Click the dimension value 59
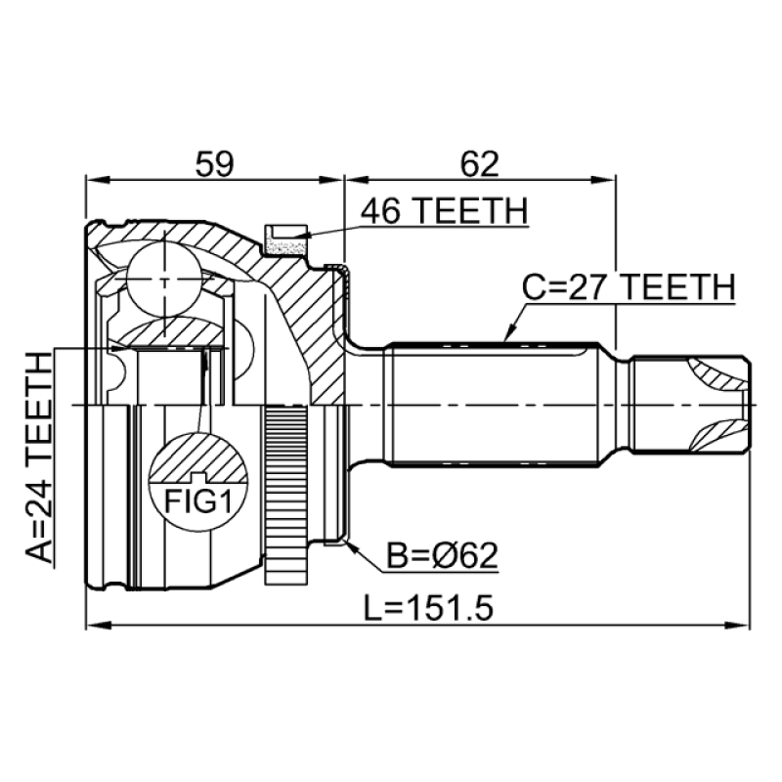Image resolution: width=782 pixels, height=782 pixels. click(x=214, y=163)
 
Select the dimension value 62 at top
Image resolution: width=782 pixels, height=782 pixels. click(x=479, y=163)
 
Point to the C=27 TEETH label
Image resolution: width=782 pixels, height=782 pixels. click(x=627, y=286)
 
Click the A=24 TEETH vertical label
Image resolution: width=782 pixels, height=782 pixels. click(x=40, y=459)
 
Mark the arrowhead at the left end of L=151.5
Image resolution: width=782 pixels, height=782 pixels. click(x=94, y=626)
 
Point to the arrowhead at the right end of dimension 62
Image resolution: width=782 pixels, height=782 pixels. click(x=610, y=180)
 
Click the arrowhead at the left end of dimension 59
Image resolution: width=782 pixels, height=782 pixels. click(x=94, y=180)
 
